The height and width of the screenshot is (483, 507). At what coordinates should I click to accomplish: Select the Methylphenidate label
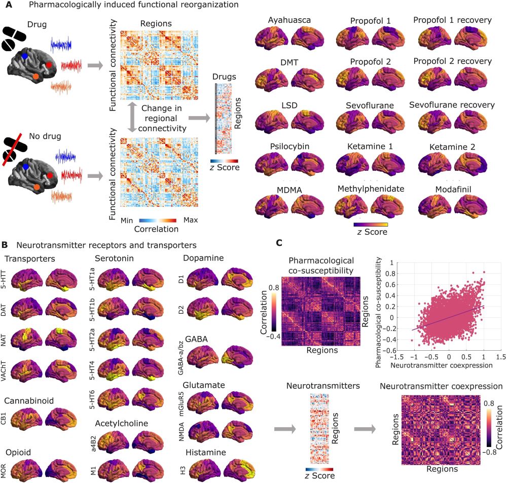coord(371,189)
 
